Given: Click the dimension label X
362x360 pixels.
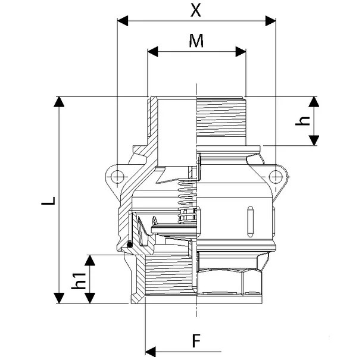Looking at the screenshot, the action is pos(195,10).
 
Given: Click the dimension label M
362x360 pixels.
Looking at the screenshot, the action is pos(196,40).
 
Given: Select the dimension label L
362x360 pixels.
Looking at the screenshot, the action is pos(48,201).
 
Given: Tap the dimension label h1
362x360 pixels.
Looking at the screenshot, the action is pos(79,281).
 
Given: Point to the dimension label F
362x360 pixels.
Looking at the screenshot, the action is pos(196,340).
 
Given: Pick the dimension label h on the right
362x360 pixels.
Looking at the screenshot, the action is pos(302,121).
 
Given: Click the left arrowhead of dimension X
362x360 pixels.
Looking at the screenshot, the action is pos(123,21).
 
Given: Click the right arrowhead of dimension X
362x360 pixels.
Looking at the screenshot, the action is pos(270,21).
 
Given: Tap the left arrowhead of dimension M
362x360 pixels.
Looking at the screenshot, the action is pos(152,52).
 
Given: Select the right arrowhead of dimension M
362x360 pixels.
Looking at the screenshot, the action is pos(241,52).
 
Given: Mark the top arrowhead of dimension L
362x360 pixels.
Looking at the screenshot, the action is pos(59,102).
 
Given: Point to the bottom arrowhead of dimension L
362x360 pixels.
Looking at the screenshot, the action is pos(59,298).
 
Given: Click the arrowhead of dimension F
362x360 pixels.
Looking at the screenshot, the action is pos(151,352).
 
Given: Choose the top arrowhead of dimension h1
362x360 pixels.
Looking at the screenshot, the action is pos(90,260).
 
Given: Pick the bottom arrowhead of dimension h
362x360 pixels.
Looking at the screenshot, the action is pos(314,140).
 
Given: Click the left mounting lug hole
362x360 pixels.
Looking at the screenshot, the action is pos(117,177).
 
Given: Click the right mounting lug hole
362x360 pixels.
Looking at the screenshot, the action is pos(276,177).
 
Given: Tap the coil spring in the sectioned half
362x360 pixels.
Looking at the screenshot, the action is pos(188,201).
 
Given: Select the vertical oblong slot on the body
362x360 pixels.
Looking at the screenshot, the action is pos(250,221).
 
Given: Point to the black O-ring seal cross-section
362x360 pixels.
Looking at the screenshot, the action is pos(130,244).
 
